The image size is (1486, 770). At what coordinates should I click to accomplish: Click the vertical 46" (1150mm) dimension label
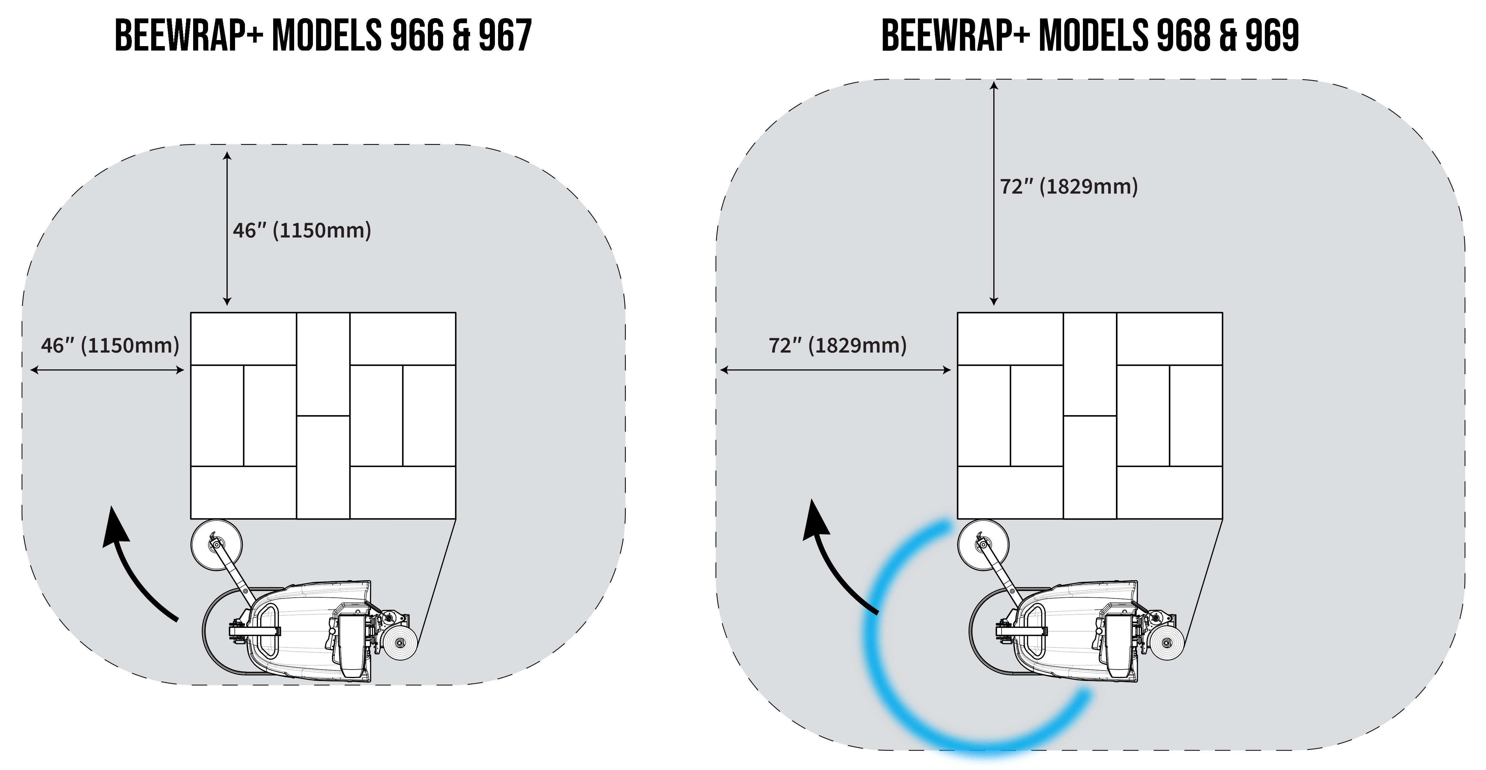[302, 230]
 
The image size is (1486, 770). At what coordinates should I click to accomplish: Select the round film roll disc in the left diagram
[216, 544]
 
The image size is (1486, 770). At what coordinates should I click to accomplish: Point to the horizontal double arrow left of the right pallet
[836, 370]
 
